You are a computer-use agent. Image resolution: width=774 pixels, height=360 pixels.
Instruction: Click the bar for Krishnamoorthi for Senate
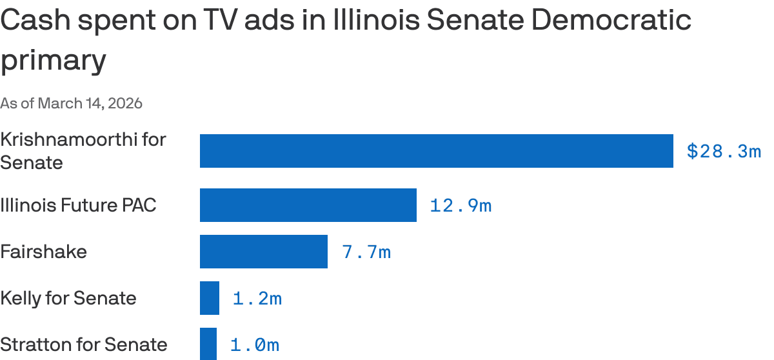tap(436, 151)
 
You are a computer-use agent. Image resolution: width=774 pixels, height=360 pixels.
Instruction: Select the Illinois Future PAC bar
tap(308, 205)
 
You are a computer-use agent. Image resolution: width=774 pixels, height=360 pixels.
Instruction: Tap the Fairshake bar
tap(264, 252)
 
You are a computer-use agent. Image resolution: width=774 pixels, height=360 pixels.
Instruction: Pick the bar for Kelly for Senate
tap(210, 298)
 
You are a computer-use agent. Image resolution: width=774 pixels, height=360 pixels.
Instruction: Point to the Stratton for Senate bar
tap(208, 344)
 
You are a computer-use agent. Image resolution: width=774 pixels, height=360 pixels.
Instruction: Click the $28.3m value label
tap(724, 152)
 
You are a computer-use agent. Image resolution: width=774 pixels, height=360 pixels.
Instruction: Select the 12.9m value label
tap(461, 206)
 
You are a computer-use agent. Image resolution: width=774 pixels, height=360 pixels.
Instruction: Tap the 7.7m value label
tap(366, 252)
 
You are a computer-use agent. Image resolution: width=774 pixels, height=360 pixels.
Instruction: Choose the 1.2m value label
tap(257, 299)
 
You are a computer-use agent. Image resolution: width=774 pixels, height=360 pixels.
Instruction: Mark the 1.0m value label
tap(255, 345)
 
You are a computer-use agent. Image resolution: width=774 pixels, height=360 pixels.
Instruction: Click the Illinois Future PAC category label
tap(78, 205)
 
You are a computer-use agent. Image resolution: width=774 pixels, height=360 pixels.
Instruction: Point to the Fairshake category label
tap(43, 252)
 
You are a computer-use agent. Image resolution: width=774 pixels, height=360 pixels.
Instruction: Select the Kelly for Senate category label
tap(68, 298)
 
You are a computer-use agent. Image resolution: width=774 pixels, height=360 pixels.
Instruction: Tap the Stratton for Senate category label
tap(84, 345)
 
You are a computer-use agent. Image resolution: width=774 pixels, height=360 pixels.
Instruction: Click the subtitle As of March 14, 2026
tap(71, 103)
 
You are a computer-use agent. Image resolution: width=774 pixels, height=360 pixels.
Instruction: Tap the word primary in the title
tap(53, 61)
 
